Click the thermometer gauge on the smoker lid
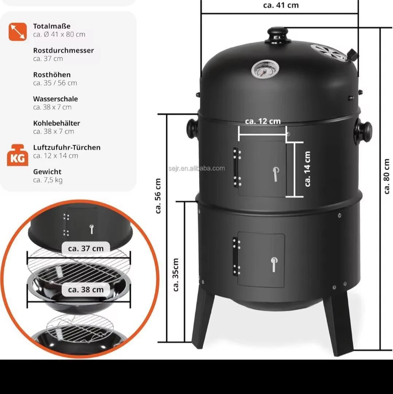[265, 69]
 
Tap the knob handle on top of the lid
[277, 35]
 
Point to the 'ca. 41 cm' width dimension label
[281, 5]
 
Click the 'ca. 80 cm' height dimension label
[387, 176]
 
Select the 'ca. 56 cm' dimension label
[158, 196]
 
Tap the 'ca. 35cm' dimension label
[176, 275]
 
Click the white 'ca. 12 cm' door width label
[263, 121]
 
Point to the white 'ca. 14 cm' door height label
[307, 169]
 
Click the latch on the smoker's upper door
[276, 174]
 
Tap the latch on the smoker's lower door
[274, 264]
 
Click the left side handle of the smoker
[192, 128]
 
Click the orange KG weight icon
[17, 155]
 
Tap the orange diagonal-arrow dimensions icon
[17, 32]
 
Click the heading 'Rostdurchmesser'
[63, 50]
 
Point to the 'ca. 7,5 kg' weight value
[48, 180]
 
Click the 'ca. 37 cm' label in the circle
[86, 248]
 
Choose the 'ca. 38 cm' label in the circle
[86, 290]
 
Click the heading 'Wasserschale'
[55, 99]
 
